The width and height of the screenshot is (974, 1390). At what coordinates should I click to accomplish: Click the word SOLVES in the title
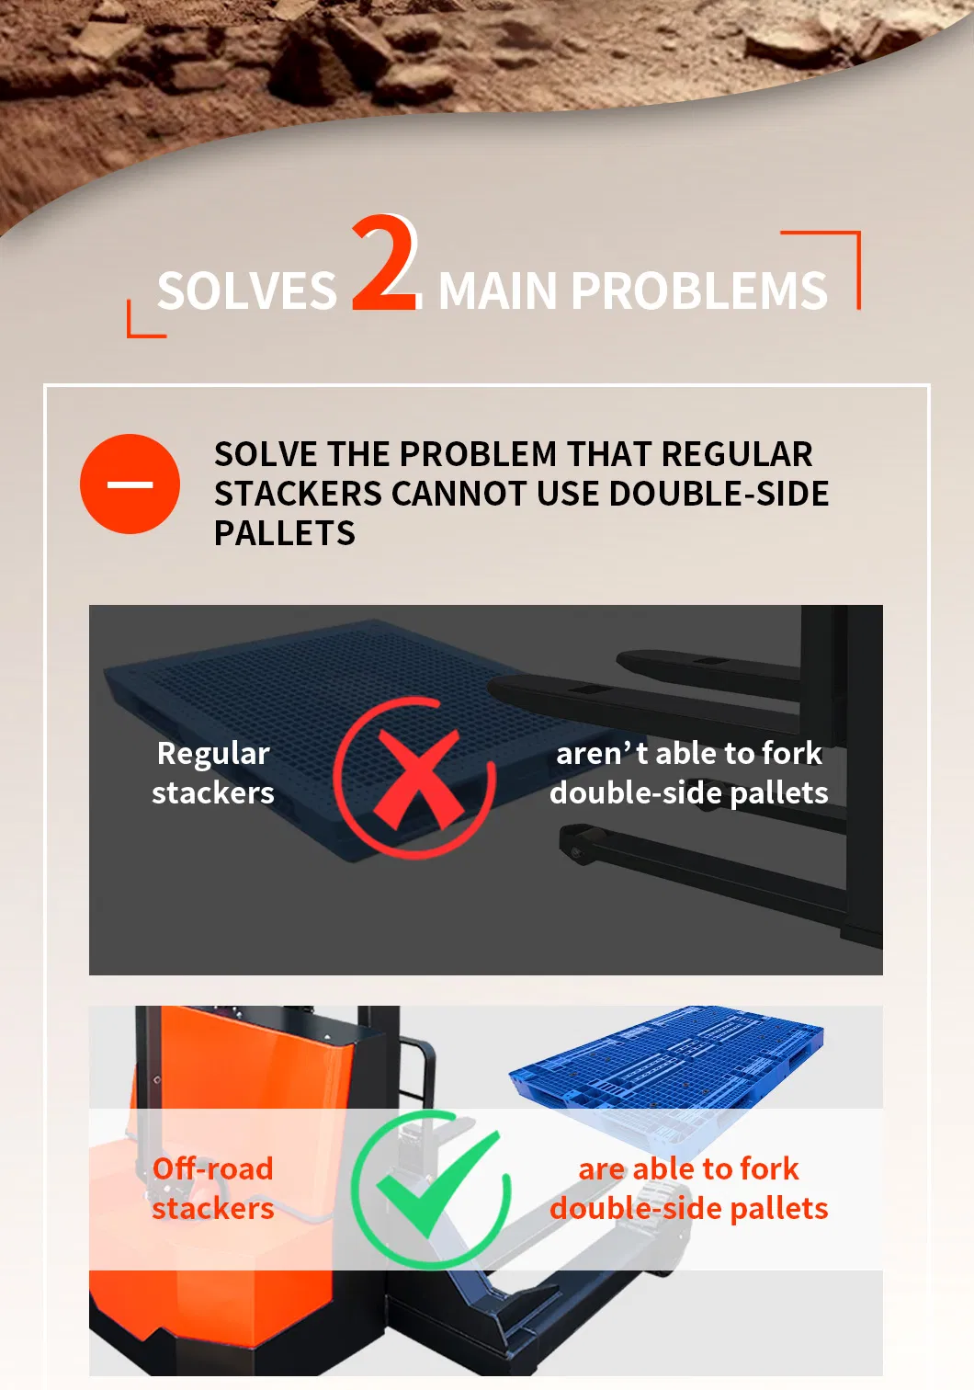247,291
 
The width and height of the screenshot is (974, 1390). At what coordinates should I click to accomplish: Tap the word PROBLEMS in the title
699,291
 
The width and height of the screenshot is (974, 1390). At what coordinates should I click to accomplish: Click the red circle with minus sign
130,484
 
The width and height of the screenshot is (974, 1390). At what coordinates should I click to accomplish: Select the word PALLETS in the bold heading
285,533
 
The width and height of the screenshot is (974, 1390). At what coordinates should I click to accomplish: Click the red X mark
417,778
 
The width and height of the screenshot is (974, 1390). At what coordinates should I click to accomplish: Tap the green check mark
438,1183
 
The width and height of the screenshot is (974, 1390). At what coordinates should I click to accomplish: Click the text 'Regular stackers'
213,773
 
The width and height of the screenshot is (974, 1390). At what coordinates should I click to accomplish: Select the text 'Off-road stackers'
213,1189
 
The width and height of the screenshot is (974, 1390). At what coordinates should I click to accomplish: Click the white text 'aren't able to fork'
688,754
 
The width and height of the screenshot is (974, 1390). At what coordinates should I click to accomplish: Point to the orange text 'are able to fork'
688,1169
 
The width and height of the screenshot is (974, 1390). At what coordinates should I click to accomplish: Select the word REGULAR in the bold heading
737,454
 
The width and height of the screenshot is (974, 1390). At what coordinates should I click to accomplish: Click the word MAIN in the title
497,291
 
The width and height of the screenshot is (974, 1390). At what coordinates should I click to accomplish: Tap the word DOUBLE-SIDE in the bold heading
719,494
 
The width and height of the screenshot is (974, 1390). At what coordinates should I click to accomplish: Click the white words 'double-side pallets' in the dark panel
688,793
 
